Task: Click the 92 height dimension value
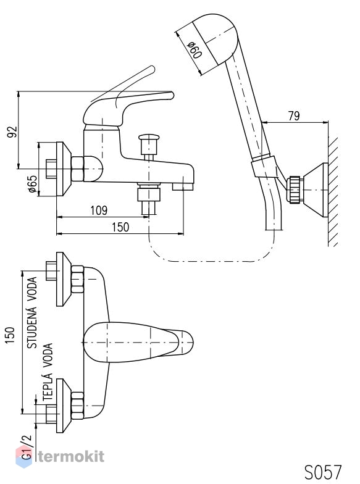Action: coord(12,131)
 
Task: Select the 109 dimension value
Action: coord(99,210)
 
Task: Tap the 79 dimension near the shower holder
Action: coord(294,116)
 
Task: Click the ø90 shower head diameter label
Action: coord(195,49)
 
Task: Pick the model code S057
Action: coord(323,472)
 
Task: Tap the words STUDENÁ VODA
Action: coord(32,312)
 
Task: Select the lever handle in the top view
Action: coord(138,342)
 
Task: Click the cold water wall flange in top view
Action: coord(63,279)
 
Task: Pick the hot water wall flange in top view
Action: coord(63,406)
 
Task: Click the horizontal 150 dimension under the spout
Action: coord(120,227)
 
